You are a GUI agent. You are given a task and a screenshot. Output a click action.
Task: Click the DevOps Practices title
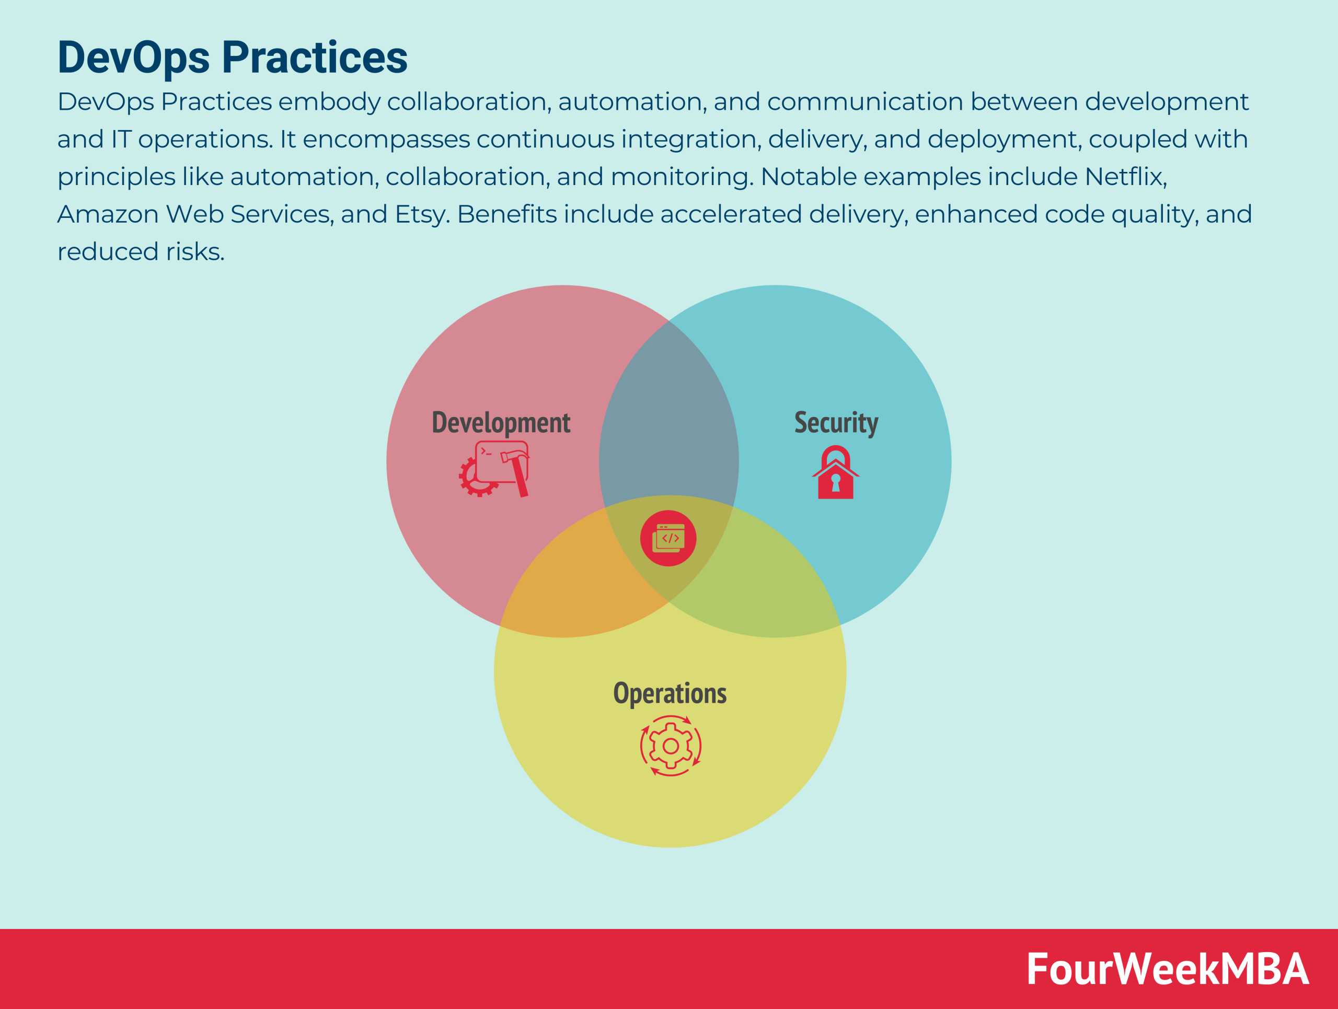[232, 57]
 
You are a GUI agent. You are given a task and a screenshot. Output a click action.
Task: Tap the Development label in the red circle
[501, 423]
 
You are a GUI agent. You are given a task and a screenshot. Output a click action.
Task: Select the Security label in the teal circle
[836, 423]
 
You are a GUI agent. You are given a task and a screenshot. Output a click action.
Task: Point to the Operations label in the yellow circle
[670, 693]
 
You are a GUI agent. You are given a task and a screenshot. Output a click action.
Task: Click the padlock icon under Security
[835, 473]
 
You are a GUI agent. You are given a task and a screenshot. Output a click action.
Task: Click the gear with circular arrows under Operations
[670, 746]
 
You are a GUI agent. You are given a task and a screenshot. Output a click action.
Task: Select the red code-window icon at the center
[668, 538]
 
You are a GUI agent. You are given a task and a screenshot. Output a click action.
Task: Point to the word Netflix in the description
[1125, 177]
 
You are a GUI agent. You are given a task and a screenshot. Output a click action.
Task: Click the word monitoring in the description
[682, 177]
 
